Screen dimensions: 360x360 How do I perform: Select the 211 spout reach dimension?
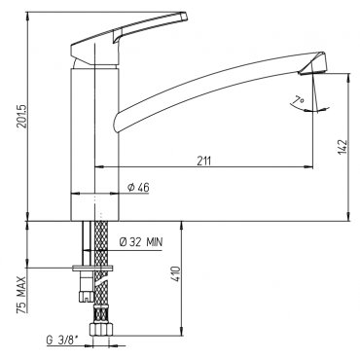(204, 162)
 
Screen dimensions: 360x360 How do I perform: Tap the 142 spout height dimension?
(342, 147)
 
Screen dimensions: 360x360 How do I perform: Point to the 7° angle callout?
(298, 101)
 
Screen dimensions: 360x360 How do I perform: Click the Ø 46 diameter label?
(138, 187)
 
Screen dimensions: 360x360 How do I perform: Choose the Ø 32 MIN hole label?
(141, 242)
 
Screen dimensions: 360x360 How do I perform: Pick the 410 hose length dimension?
(175, 274)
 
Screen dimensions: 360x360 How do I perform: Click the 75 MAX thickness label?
(22, 295)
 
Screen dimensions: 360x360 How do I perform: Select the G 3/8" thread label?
(62, 341)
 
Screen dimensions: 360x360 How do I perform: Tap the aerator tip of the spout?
(314, 72)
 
